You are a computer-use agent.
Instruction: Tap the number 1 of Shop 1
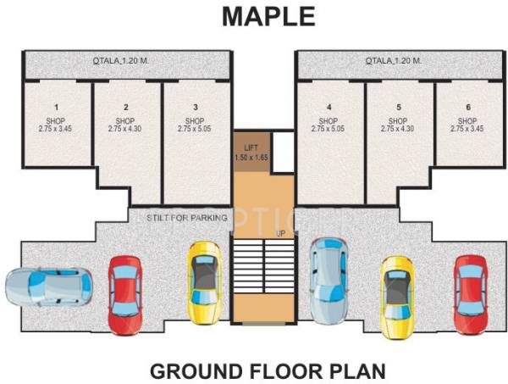pos(57,108)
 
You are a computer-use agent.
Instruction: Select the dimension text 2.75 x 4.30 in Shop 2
pos(125,130)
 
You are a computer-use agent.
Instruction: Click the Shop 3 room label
pos(196,121)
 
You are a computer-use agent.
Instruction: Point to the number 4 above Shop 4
pos(329,108)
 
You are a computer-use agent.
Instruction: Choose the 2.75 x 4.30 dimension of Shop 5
pos(398,130)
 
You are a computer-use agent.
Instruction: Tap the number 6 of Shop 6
pos(468,108)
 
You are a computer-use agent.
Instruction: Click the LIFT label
pos(251,147)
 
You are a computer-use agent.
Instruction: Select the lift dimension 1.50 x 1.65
pos(251,157)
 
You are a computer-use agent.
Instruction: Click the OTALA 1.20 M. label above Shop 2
pos(125,61)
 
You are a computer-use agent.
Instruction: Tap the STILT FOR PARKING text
pos(187,219)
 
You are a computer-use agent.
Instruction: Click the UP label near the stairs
pos(279,232)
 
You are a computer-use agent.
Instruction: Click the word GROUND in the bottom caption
pos(191,370)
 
